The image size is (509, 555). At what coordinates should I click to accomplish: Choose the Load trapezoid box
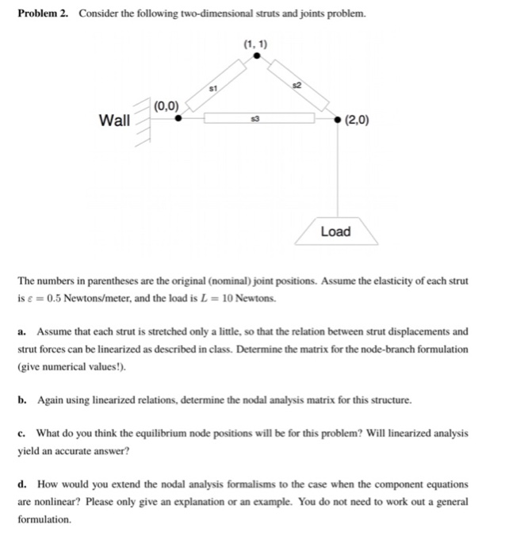click(335, 231)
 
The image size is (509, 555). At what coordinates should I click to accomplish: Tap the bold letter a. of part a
click(22, 331)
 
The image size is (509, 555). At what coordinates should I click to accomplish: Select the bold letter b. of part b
click(22, 400)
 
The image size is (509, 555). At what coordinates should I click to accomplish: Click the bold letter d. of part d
click(22, 484)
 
